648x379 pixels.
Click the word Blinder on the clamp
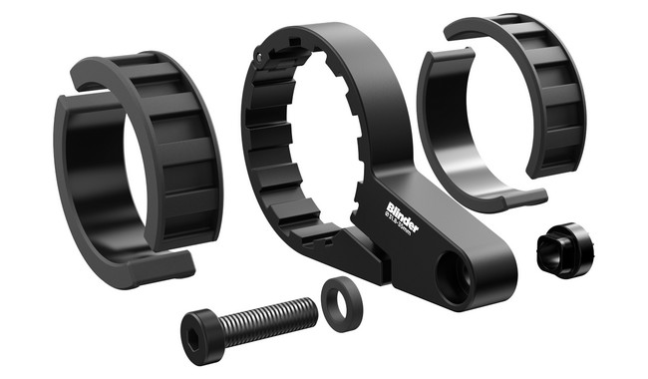click(403, 215)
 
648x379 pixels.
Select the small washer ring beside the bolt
click(339, 303)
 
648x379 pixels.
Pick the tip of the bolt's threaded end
click(315, 306)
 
